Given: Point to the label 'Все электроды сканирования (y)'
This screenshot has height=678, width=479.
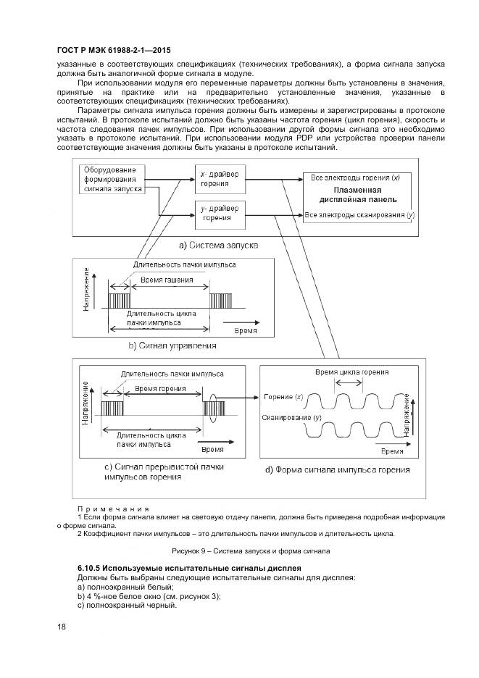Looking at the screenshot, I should coord(359,215).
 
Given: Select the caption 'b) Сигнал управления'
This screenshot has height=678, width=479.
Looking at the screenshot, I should coord(173,346).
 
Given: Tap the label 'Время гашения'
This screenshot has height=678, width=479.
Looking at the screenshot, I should coord(161,280).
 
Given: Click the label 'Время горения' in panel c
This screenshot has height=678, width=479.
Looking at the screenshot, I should coord(159,389).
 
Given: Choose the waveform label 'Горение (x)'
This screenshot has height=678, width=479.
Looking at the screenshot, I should coord(283,398).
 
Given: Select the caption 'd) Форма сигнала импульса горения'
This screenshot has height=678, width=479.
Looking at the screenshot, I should coord(337,469).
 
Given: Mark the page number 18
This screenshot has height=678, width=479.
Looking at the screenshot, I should coord(61,627).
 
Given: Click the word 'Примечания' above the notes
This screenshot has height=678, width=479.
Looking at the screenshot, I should coord(113,509).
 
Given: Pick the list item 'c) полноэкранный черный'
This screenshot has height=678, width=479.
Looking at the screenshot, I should coord(126,606).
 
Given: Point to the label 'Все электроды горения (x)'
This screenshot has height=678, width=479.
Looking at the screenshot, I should coord(357,177).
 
